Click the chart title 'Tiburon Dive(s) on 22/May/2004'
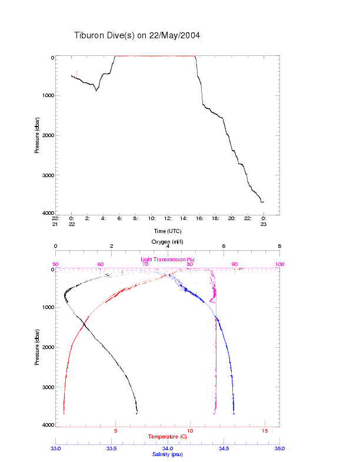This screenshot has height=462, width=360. click(x=137, y=35)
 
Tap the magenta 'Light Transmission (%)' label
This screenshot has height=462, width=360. click(x=168, y=260)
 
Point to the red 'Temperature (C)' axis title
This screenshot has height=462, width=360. click(x=168, y=437)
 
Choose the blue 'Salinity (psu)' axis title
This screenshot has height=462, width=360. click(x=168, y=454)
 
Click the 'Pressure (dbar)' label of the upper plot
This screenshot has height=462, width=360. click(x=37, y=135)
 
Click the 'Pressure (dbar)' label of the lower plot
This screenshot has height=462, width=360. click(x=37, y=347)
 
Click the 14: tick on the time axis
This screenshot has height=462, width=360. click(x=184, y=218)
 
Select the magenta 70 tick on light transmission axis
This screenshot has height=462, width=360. click(x=145, y=265)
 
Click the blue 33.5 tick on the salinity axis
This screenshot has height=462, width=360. click(x=111, y=448)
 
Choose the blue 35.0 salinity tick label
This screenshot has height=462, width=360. click(x=279, y=448)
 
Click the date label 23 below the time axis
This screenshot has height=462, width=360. click(x=264, y=224)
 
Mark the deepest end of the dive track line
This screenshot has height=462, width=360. click(x=263, y=202)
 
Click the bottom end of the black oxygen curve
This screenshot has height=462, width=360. click(x=137, y=413)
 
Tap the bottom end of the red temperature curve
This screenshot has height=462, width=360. click(x=64, y=413)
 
